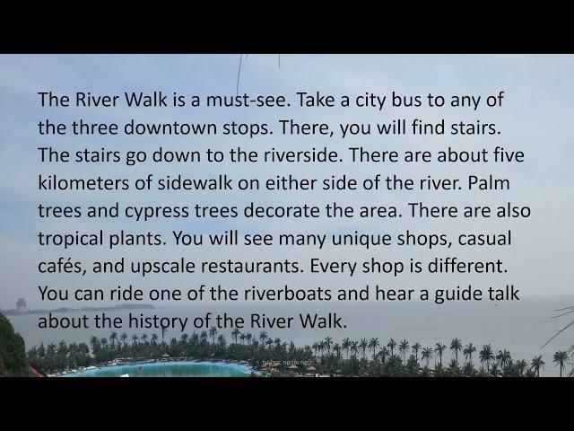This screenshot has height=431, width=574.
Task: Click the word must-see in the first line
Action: click(x=248, y=100)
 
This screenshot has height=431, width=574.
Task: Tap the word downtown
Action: click(x=170, y=128)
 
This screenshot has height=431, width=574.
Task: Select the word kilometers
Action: click(x=83, y=183)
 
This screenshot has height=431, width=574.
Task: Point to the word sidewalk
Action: click(x=195, y=183)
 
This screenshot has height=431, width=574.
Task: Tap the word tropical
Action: click(x=70, y=240)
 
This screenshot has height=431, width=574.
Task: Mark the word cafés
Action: click(x=62, y=266)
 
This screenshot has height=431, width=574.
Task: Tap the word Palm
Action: click(x=489, y=183)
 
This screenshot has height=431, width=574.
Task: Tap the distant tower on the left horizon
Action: click(x=21, y=305)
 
